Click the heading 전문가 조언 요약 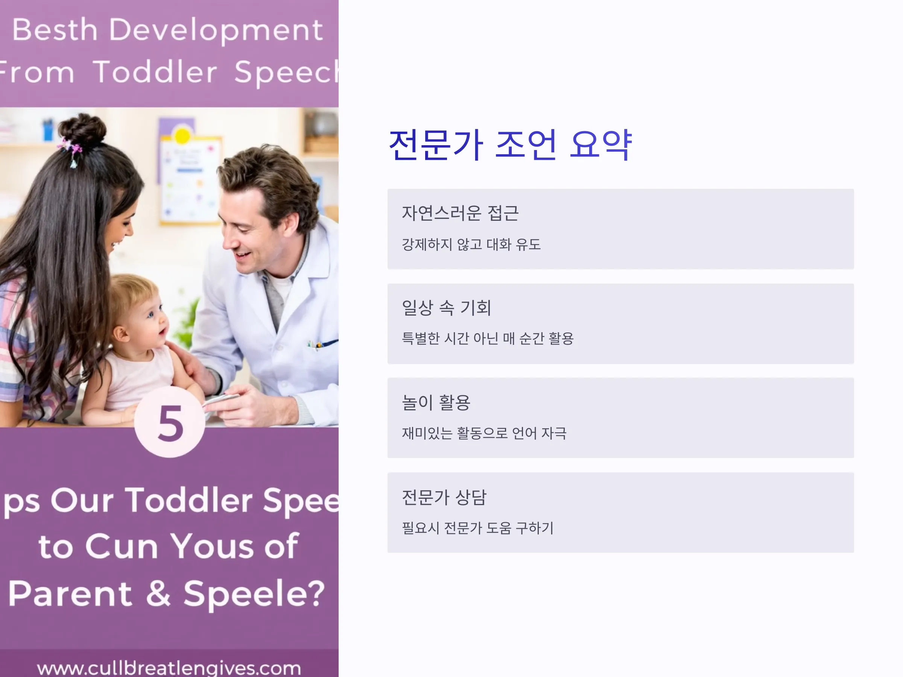(x=510, y=144)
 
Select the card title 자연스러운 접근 (x=460, y=213)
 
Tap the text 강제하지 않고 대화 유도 (x=471, y=244)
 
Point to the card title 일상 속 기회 (x=446, y=308)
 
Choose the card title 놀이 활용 (x=436, y=402)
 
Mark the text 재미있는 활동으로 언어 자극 (x=484, y=433)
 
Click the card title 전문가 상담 (x=444, y=497)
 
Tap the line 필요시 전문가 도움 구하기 (x=477, y=528)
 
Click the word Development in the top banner (x=216, y=30)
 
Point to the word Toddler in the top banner (x=155, y=72)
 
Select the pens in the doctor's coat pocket (x=322, y=344)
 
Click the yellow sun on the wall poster (x=182, y=135)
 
